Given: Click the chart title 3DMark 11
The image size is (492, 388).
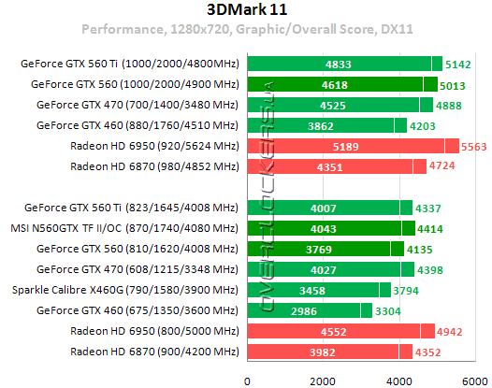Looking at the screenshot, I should pyautogui.click(x=247, y=10).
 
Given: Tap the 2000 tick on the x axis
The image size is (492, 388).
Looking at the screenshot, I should pyautogui.click(x=324, y=380).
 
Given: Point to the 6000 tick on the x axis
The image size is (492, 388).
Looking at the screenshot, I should pyautogui.click(x=476, y=380).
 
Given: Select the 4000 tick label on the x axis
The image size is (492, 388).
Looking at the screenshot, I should pyautogui.click(x=400, y=380).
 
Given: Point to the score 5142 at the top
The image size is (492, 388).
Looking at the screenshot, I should pyautogui.click(x=462, y=64).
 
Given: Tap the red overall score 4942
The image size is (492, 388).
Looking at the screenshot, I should pyautogui.click(x=455, y=331).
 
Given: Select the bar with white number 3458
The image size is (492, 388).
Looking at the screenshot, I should pyautogui.click(x=312, y=290).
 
